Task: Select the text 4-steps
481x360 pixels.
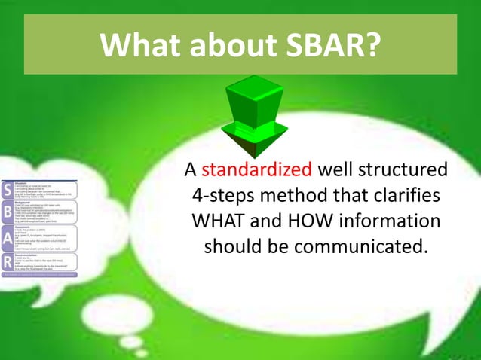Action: [219, 194]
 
